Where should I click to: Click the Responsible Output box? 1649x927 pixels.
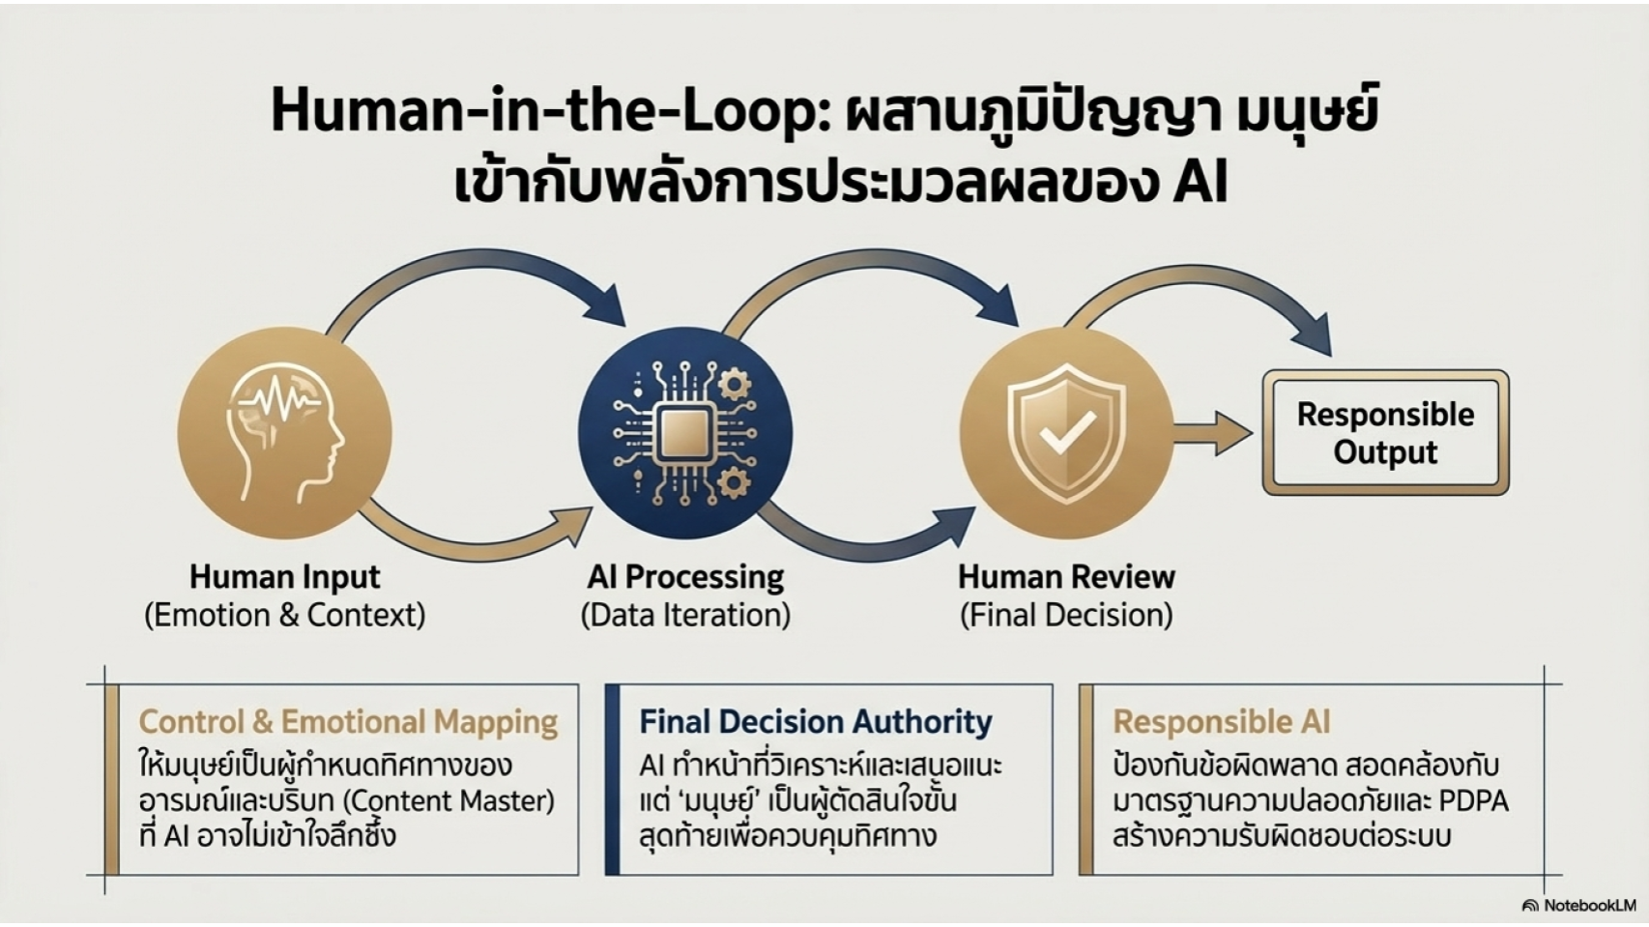pos(1385,433)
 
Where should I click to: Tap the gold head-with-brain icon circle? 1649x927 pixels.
pos(284,432)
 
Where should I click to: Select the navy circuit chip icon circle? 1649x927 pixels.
pos(685,432)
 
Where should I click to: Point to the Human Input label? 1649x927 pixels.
pos(284,577)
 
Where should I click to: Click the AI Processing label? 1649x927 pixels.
pos(685,577)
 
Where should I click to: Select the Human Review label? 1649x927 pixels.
pos(1066,577)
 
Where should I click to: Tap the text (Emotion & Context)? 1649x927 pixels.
pos(284,615)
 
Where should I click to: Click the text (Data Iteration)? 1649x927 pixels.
pos(685,615)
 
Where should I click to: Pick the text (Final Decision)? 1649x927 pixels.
pos(1066,615)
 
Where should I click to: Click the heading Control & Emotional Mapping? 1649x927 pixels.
pos(348,722)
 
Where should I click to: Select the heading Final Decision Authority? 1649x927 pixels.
pos(815,722)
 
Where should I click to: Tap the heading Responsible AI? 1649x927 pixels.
pos(1221,722)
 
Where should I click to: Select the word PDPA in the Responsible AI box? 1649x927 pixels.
pos(1473,801)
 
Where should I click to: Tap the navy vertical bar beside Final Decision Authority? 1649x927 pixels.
pos(612,779)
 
